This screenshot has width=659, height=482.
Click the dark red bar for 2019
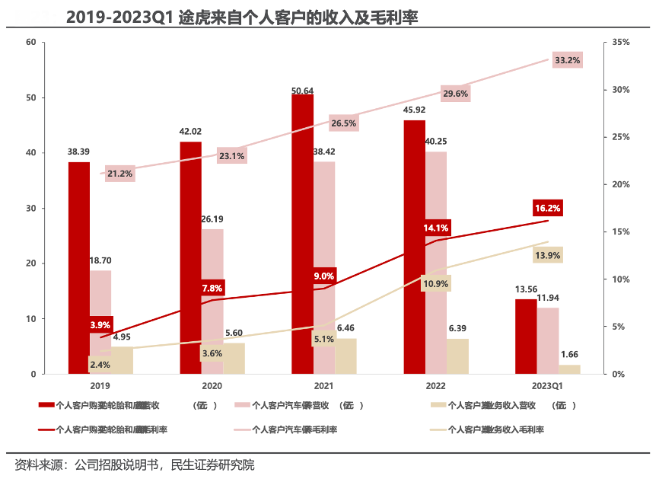(x=78, y=267)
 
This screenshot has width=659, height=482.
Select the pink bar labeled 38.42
(x=323, y=267)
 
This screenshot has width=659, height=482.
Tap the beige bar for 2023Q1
(x=569, y=369)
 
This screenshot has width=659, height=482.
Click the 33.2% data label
(x=567, y=60)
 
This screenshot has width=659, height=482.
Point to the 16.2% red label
(x=547, y=208)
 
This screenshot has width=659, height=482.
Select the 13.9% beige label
(x=547, y=255)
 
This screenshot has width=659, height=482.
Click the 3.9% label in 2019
(x=100, y=325)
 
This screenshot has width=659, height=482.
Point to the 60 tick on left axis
(x=31, y=42)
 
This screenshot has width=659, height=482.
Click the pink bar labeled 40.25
(x=436, y=263)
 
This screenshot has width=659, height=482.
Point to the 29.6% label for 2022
(x=455, y=94)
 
